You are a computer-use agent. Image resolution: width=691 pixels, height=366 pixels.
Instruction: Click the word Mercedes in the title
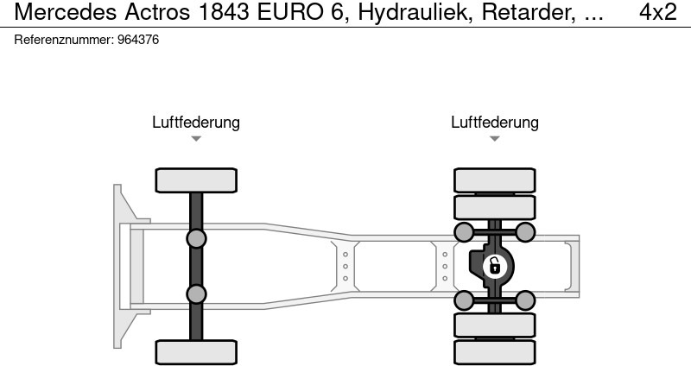coord(66,12)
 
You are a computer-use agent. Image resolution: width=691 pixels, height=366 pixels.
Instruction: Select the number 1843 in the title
coord(224,12)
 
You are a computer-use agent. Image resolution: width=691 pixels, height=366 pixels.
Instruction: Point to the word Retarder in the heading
coord(528,12)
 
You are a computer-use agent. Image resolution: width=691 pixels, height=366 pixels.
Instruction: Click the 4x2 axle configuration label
coord(658,12)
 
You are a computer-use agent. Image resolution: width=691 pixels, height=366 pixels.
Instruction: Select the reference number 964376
coord(138,40)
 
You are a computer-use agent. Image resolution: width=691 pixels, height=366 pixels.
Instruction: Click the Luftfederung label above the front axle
coord(196,122)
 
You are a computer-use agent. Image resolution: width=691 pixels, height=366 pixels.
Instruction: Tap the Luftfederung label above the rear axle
coord(494,122)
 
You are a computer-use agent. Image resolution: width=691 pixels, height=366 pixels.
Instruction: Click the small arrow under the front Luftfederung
coord(196,139)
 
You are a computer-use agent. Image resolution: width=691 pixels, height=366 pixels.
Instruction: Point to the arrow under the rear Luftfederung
coord(494,139)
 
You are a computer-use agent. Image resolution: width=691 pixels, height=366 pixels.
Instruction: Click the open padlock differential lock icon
coord(495,267)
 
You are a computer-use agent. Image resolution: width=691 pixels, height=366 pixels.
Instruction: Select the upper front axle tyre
coord(196,180)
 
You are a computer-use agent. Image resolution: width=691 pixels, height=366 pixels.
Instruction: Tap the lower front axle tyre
coord(196,352)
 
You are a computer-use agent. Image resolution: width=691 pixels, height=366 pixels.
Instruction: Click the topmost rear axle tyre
coord(494,180)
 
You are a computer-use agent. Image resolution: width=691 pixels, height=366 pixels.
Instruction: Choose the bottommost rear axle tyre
coord(494,352)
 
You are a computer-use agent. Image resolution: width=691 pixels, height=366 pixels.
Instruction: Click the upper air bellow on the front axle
coord(196,239)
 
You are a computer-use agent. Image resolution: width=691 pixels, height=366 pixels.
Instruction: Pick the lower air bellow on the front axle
coord(196,294)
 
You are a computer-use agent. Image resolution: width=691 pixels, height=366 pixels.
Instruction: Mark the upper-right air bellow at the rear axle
coord(525,232)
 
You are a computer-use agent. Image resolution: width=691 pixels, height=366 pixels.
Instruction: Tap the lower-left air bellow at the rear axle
coord(464,300)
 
